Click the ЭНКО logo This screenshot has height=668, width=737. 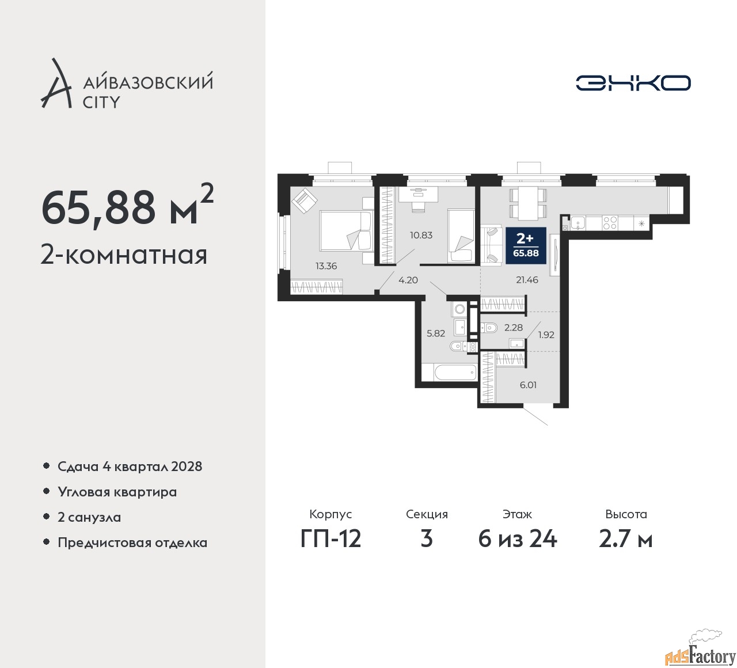click(x=633, y=83)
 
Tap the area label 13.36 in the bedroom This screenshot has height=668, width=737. click(x=326, y=266)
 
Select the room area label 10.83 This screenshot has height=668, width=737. click(x=421, y=235)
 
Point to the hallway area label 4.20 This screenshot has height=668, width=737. click(x=408, y=280)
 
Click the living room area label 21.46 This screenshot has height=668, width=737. click(x=527, y=280)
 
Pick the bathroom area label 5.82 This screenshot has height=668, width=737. click(x=436, y=333)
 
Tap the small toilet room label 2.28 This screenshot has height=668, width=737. click(x=513, y=328)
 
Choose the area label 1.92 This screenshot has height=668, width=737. click(x=546, y=335)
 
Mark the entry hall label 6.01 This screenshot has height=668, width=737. click(x=528, y=385)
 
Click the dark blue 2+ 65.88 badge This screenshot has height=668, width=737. click(x=526, y=245)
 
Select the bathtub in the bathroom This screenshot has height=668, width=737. click(x=455, y=373)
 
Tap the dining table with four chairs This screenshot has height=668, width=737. click(x=527, y=203)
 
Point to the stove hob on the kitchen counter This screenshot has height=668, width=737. click(x=610, y=223)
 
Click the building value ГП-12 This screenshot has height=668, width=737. click(x=330, y=540)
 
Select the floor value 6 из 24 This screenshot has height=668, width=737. click(x=517, y=540)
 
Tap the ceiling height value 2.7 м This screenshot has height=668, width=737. click(x=626, y=540)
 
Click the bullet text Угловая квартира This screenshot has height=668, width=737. click(x=117, y=492)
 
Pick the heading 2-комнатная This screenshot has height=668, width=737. click(x=124, y=255)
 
